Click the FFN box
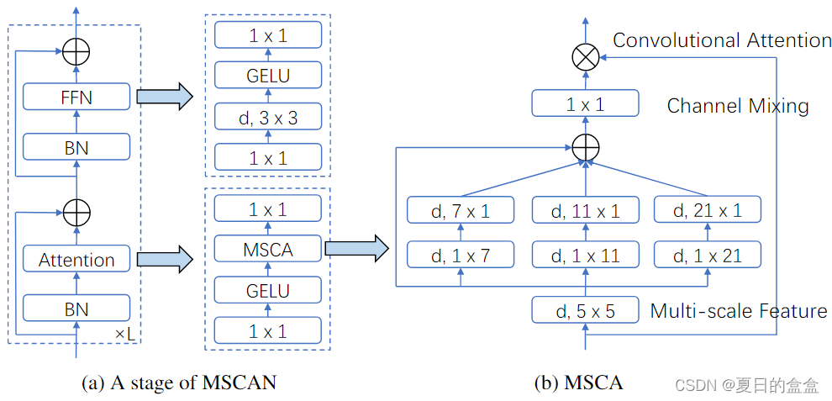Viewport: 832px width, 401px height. tap(76, 97)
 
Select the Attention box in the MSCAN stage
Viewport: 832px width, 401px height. tap(76, 260)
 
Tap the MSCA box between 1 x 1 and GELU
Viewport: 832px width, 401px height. tap(268, 248)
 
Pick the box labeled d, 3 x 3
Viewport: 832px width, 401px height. tap(268, 119)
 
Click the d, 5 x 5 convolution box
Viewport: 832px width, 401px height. tap(585, 311)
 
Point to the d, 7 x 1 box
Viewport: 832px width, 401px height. tap(461, 211)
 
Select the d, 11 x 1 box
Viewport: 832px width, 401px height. tap(585, 211)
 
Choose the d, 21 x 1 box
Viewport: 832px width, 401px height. tap(708, 211)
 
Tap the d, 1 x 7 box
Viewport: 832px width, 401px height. tap(461, 255)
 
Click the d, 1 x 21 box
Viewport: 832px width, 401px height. tap(708, 255)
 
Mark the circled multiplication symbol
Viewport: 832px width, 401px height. tap(584, 57)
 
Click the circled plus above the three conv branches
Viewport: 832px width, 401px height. tap(585, 148)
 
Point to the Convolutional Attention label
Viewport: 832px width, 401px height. tap(722, 40)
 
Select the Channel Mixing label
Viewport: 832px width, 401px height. tap(738, 106)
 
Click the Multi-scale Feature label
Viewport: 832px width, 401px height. tap(739, 311)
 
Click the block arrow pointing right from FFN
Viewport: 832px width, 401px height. tap(164, 97)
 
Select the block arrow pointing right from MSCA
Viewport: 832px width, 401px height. tap(355, 248)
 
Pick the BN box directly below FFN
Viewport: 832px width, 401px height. tap(76, 148)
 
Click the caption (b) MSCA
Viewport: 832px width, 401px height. tap(579, 383)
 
